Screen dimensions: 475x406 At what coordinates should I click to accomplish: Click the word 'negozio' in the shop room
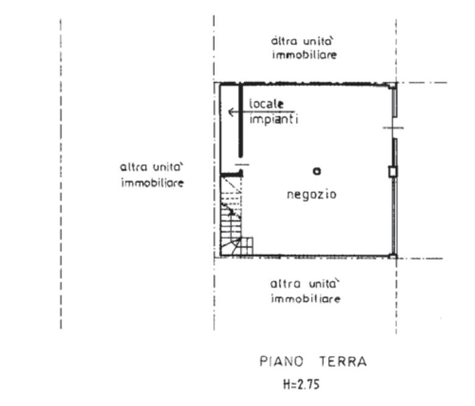[x=312, y=194]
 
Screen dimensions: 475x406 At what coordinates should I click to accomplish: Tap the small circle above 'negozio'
[x=317, y=171]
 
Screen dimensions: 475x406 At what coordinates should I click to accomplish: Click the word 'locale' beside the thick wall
[x=266, y=104]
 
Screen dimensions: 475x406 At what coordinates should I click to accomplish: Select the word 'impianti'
[x=274, y=119]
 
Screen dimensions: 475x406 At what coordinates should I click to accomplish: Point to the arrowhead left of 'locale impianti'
[x=231, y=112]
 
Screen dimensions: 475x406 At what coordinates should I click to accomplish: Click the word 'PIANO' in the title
[x=281, y=361]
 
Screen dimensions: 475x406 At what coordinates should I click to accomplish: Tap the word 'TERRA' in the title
[x=343, y=361]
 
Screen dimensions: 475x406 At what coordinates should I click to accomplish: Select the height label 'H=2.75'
[x=301, y=385]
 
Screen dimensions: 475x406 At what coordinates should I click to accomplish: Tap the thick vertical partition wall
[x=241, y=120]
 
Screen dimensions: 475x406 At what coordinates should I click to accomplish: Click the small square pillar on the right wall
[x=393, y=172]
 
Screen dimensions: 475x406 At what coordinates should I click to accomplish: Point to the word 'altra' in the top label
[x=284, y=41]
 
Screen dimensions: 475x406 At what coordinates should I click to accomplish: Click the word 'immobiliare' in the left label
[x=152, y=183]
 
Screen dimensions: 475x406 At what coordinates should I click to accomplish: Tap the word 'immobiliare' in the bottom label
[x=306, y=299]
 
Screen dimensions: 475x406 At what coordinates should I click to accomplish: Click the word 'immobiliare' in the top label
[x=304, y=55]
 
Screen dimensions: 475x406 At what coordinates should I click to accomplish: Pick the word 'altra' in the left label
[x=133, y=167]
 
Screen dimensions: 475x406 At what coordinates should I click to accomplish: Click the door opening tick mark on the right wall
[x=393, y=128]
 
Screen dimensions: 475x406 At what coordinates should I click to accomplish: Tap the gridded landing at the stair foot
[x=247, y=246]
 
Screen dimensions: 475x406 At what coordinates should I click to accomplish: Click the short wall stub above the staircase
[x=232, y=174]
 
